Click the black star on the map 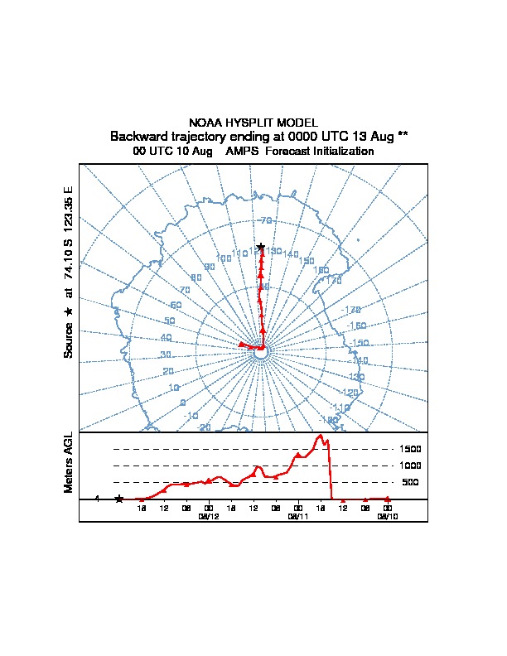(261, 247)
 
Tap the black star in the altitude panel (119, 499)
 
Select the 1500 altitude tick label (411, 449)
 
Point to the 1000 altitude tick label (411, 465)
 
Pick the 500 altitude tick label (411, 482)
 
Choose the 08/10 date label (388, 516)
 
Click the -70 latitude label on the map (265, 220)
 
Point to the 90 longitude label (210, 267)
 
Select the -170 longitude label (352, 311)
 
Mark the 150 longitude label (307, 261)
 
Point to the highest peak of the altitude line (319, 436)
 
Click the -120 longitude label (350, 393)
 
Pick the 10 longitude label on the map (174, 388)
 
